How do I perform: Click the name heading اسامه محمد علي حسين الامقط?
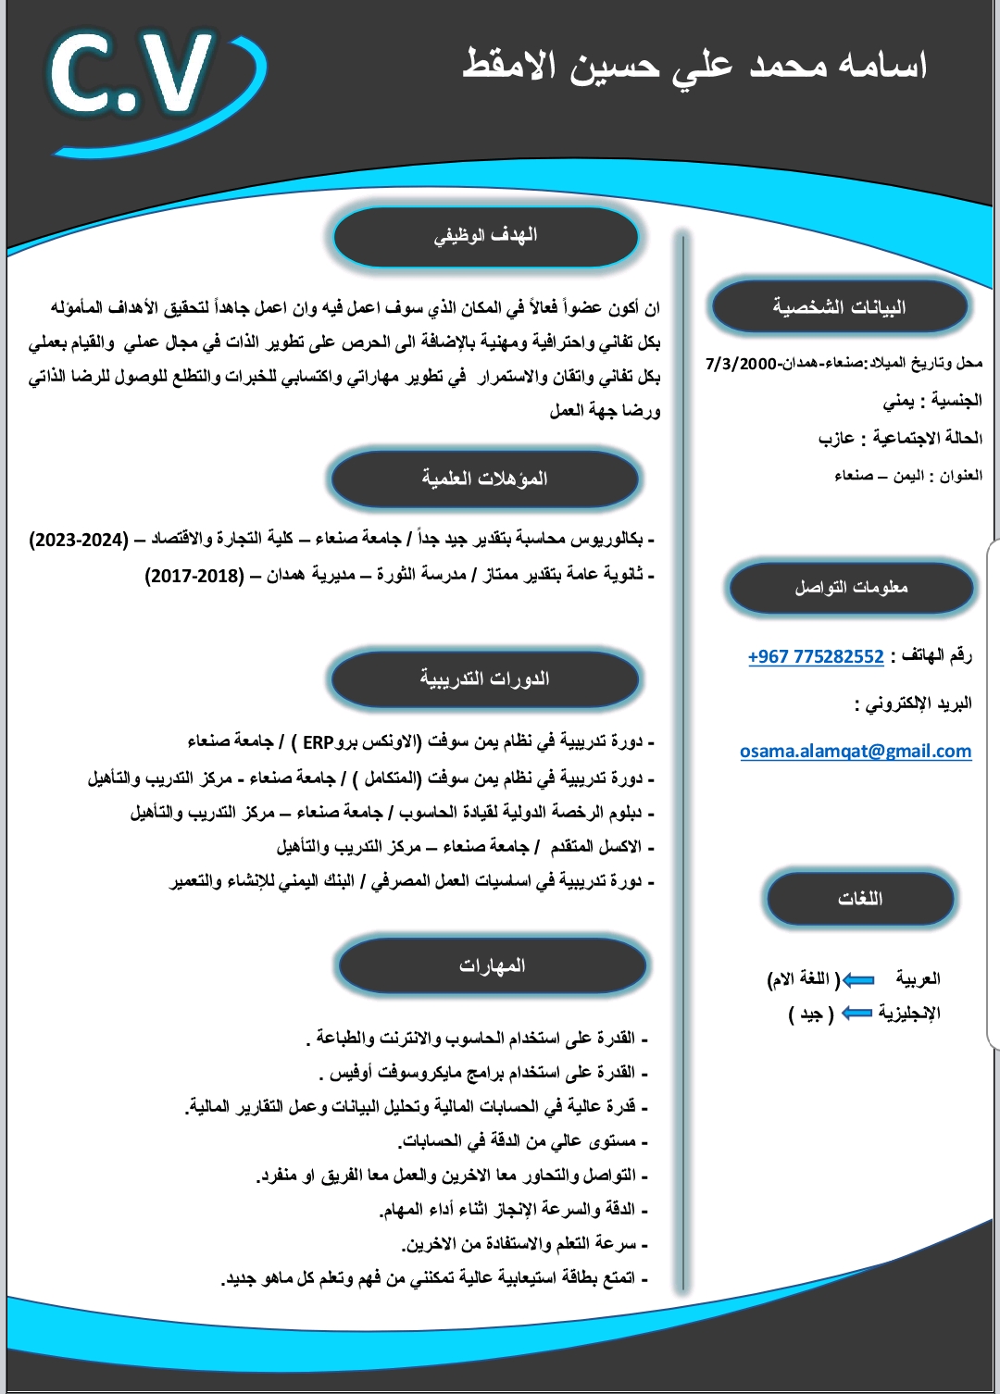click(695, 66)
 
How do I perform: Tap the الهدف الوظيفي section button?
click(486, 236)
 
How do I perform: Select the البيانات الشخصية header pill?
click(839, 307)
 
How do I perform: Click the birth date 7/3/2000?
click(741, 364)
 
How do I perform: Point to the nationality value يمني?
click(898, 401)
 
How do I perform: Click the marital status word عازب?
click(836, 438)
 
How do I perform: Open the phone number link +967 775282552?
click(816, 656)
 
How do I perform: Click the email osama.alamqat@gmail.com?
click(856, 751)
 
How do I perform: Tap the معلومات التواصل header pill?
click(851, 588)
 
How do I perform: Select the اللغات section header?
click(860, 899)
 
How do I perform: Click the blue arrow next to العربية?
click(858, 979)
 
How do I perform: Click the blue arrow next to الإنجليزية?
click(856, 1014)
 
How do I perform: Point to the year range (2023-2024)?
click(79, 539)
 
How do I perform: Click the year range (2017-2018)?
click(194, 576)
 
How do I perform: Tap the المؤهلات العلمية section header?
click(485, 479)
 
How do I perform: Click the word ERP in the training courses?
click(318, 742)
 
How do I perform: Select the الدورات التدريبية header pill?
click(485, 679)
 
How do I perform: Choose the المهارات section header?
click(493, 965)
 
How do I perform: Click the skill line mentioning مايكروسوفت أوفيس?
click(481, 1073)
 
